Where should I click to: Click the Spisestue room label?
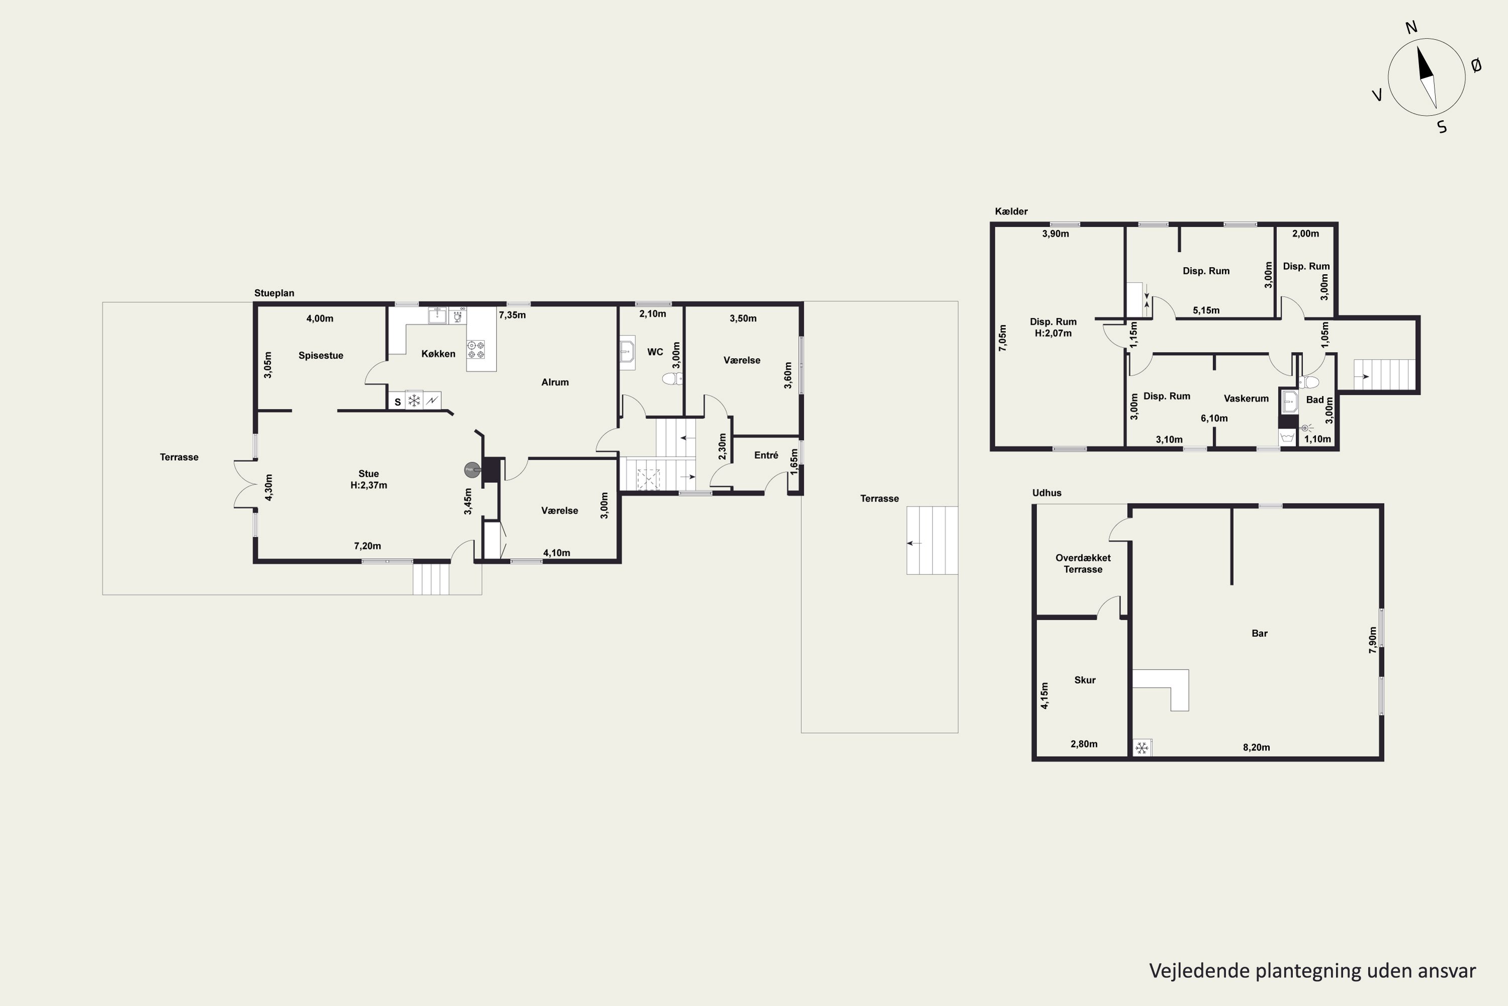[321, 356]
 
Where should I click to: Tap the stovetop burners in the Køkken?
[476, 349]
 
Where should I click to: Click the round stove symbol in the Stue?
[472, 470]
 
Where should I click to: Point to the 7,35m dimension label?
[512, 315]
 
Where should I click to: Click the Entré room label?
[766, 455]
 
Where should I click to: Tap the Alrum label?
[554, 382]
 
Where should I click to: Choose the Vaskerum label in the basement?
[1246, 398]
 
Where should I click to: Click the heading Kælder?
[1011, 211]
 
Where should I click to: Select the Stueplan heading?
[274, 293]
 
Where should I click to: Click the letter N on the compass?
[1411, 28]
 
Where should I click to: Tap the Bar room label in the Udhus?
[1259, 633]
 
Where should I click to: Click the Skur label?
[1085, 680]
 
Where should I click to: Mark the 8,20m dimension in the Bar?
[1256, 747]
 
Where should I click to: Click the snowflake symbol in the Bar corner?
[1141, 748]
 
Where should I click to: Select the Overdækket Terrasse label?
[1083, 563]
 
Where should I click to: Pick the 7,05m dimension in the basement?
[1003, 338]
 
